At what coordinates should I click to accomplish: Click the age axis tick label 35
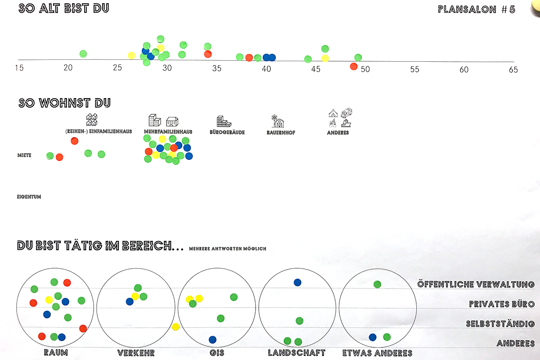(x=217, y=69)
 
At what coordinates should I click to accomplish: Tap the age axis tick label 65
(x=513, y=70)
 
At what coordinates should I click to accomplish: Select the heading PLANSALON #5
(x=477, y=9)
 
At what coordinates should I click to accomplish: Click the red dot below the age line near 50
(x=354, y=67)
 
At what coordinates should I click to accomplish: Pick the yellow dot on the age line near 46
(x=325, y=58)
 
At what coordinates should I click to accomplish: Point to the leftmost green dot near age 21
(x=83, y=54)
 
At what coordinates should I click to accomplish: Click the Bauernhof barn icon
(x=278, y=121)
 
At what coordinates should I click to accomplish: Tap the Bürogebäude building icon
(x=224, y=121)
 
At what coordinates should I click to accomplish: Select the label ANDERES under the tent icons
(x=337, y=133)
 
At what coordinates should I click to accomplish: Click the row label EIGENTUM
(x=29, y=197)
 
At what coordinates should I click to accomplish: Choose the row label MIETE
(x=24, y=155)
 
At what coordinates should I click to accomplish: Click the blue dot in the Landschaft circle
(x=297, y=283)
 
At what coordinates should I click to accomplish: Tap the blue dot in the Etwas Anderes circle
(x=373, y=337)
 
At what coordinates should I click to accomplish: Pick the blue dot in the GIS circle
(x=212, y=340)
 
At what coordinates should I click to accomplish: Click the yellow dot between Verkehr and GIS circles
(x=175, y=327)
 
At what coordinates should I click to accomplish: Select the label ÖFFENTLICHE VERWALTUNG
(x=476, y=284)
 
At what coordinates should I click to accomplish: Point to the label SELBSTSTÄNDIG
(x=500, y=324)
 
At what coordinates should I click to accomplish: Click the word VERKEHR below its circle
(x=136, y=353)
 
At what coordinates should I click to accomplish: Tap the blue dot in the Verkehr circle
(x=130, y=301)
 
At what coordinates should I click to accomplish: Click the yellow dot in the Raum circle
(x=49, y=300)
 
